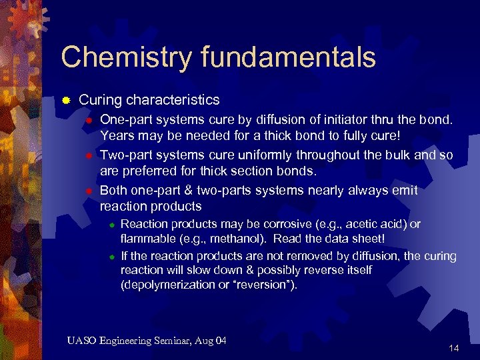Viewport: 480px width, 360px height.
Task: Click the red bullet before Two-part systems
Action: point(87,155)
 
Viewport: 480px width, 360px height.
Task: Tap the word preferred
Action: point(151,172)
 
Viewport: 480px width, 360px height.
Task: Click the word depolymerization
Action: point(166,285)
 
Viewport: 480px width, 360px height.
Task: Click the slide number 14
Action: point(454,348)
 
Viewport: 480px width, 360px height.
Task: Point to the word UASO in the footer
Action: point(81,341)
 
